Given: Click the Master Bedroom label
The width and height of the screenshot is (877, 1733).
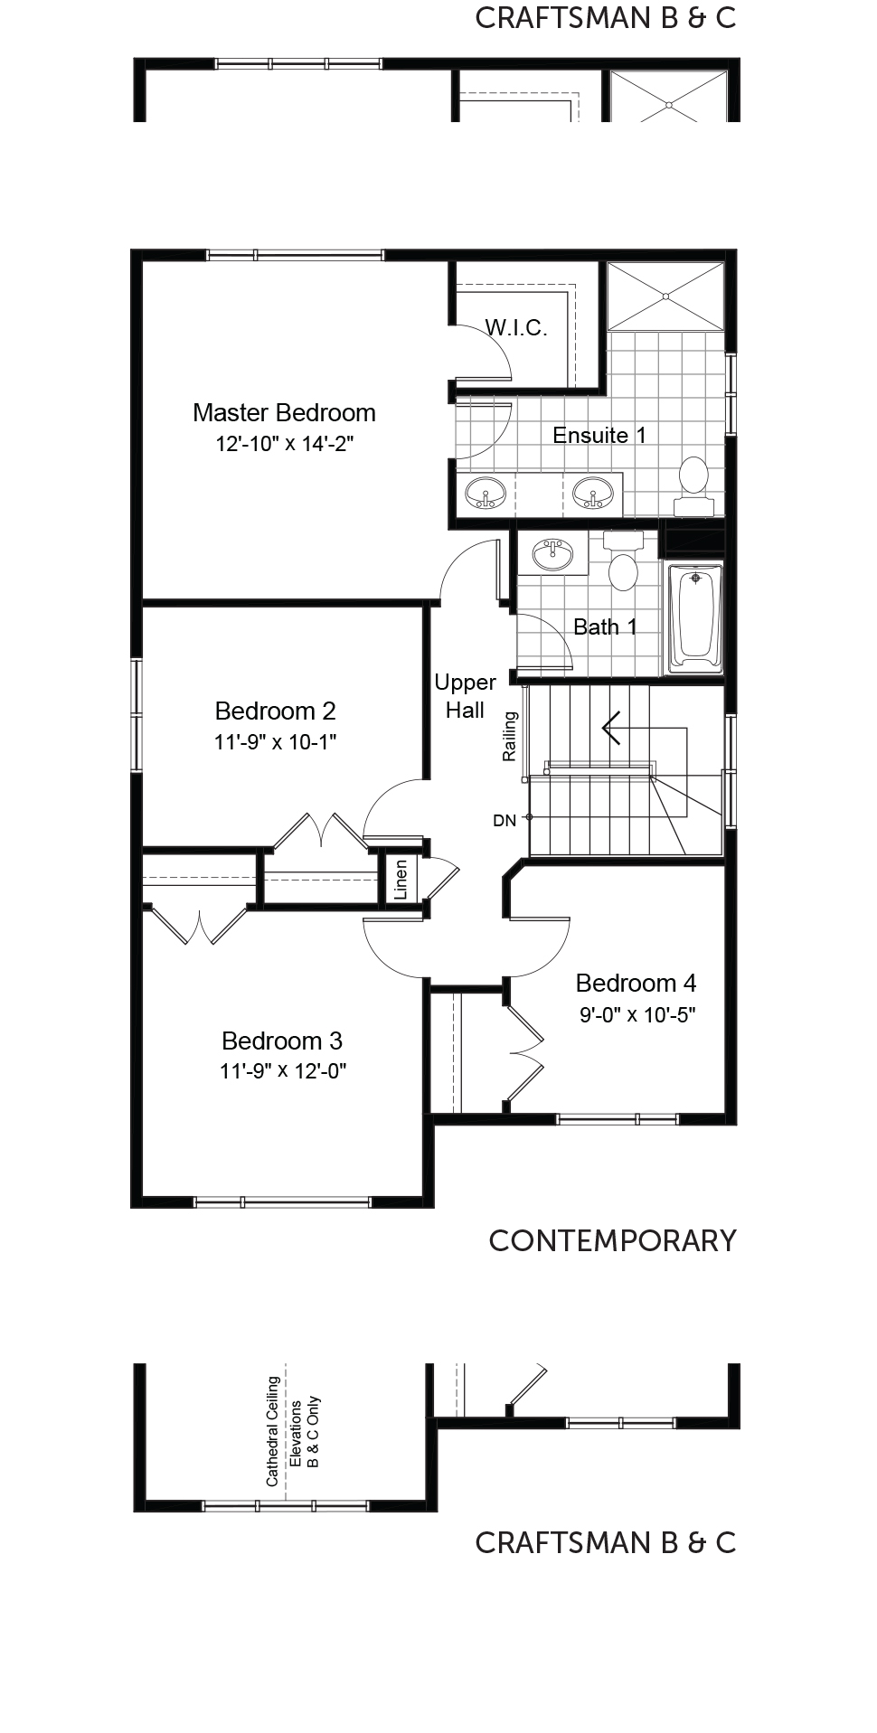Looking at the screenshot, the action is point(284,413).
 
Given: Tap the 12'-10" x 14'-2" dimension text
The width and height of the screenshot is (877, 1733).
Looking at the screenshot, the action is point(284,444).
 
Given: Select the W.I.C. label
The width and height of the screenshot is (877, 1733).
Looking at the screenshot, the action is point(516,327).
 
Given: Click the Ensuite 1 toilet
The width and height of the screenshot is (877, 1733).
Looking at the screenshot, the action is point(693,485).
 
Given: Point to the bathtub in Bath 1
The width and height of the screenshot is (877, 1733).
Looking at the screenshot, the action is point(695,618).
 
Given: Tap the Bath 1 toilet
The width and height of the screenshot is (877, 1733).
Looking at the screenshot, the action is point(622,561).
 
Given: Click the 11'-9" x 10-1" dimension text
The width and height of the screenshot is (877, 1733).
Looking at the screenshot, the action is point(276,742).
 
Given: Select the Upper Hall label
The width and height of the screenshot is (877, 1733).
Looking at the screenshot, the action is point(465,696).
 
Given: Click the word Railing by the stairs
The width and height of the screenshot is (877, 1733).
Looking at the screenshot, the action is point(511,736).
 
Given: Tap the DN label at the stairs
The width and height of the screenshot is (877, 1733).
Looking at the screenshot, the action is point(505,821).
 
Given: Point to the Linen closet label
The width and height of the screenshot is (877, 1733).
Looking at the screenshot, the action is point(401,879).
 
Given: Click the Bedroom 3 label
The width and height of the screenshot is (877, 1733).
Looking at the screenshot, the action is point(282,1041).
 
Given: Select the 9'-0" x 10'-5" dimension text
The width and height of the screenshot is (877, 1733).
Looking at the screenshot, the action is point(637,1015).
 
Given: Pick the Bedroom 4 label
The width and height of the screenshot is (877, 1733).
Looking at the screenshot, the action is point(636,983).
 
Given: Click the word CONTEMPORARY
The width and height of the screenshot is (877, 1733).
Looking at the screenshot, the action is point(613,1241).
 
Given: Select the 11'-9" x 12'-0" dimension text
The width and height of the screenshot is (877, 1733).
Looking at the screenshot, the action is point(283,1071).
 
